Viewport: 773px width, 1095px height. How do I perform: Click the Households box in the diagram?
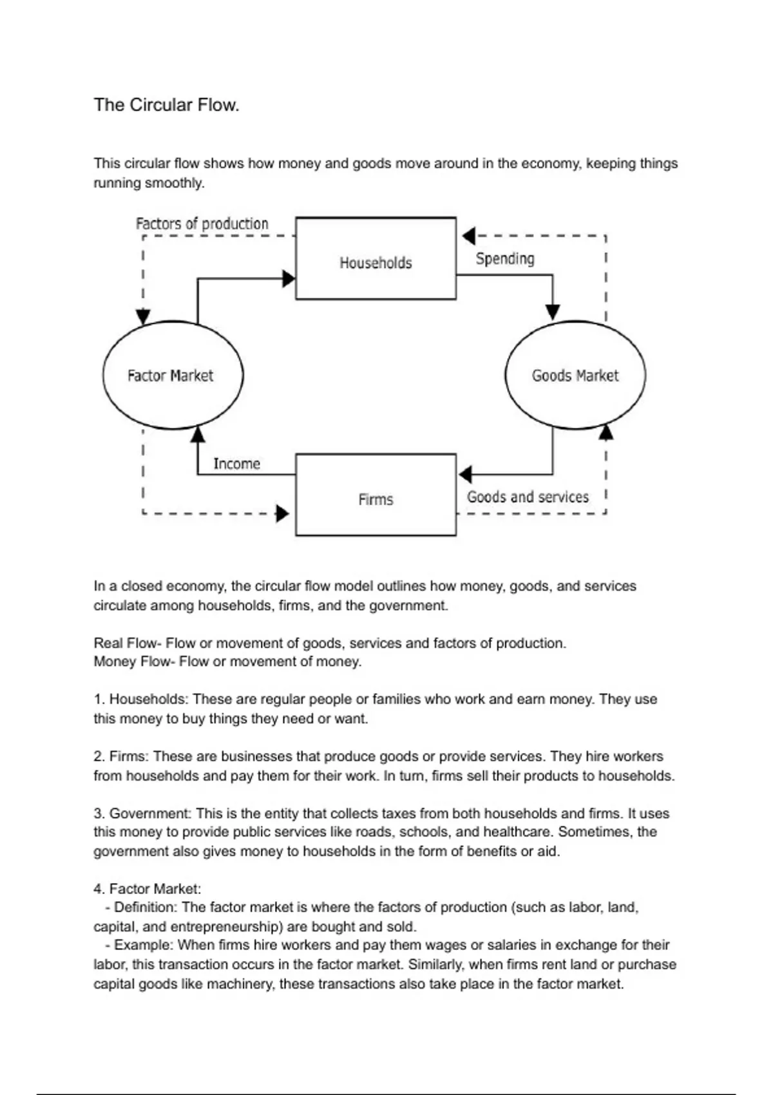coord(376,258)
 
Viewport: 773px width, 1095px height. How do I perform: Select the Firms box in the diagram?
coord(376,495)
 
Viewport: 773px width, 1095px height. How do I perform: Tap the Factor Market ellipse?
coord(173,375)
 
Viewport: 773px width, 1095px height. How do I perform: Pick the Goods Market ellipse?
coord(575,375)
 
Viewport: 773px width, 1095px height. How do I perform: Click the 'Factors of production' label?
coord(202,224)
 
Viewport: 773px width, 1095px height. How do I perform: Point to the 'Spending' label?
coord(505,259)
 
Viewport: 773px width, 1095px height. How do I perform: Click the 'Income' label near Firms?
coord(236,464)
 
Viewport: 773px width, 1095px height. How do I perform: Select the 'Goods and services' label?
coord(528,497)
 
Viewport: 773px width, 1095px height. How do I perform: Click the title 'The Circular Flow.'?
coord(166,105)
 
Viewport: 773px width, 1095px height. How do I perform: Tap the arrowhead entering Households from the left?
coord(289,279)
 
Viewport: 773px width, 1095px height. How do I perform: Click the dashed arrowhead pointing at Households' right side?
coord(469,236)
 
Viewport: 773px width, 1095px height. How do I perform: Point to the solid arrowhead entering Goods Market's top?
coord(553,312)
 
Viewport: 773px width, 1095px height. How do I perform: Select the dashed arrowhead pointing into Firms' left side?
coord(282,513)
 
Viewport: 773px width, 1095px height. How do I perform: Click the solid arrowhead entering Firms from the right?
coord(465,475)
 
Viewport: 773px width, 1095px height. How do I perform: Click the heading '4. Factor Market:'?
coord(147,889)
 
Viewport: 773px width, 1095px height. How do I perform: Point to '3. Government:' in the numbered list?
coord(142,814)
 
